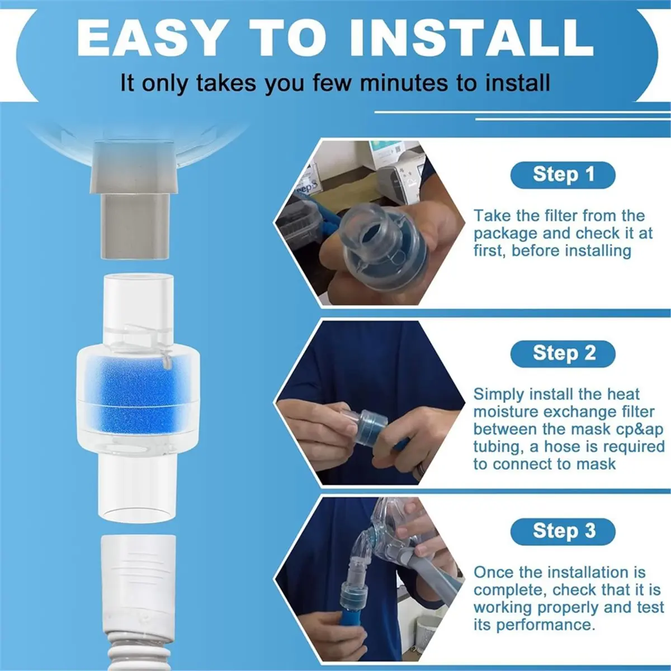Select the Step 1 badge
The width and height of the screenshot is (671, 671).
click(x=563, y=175)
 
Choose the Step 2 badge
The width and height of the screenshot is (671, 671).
click(x=563, y=354)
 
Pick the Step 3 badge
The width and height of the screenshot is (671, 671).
click(x=563, y=531)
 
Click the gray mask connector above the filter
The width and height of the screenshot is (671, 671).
click(x=135, y=200)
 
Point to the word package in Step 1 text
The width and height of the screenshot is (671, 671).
click(x=505, y=234)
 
